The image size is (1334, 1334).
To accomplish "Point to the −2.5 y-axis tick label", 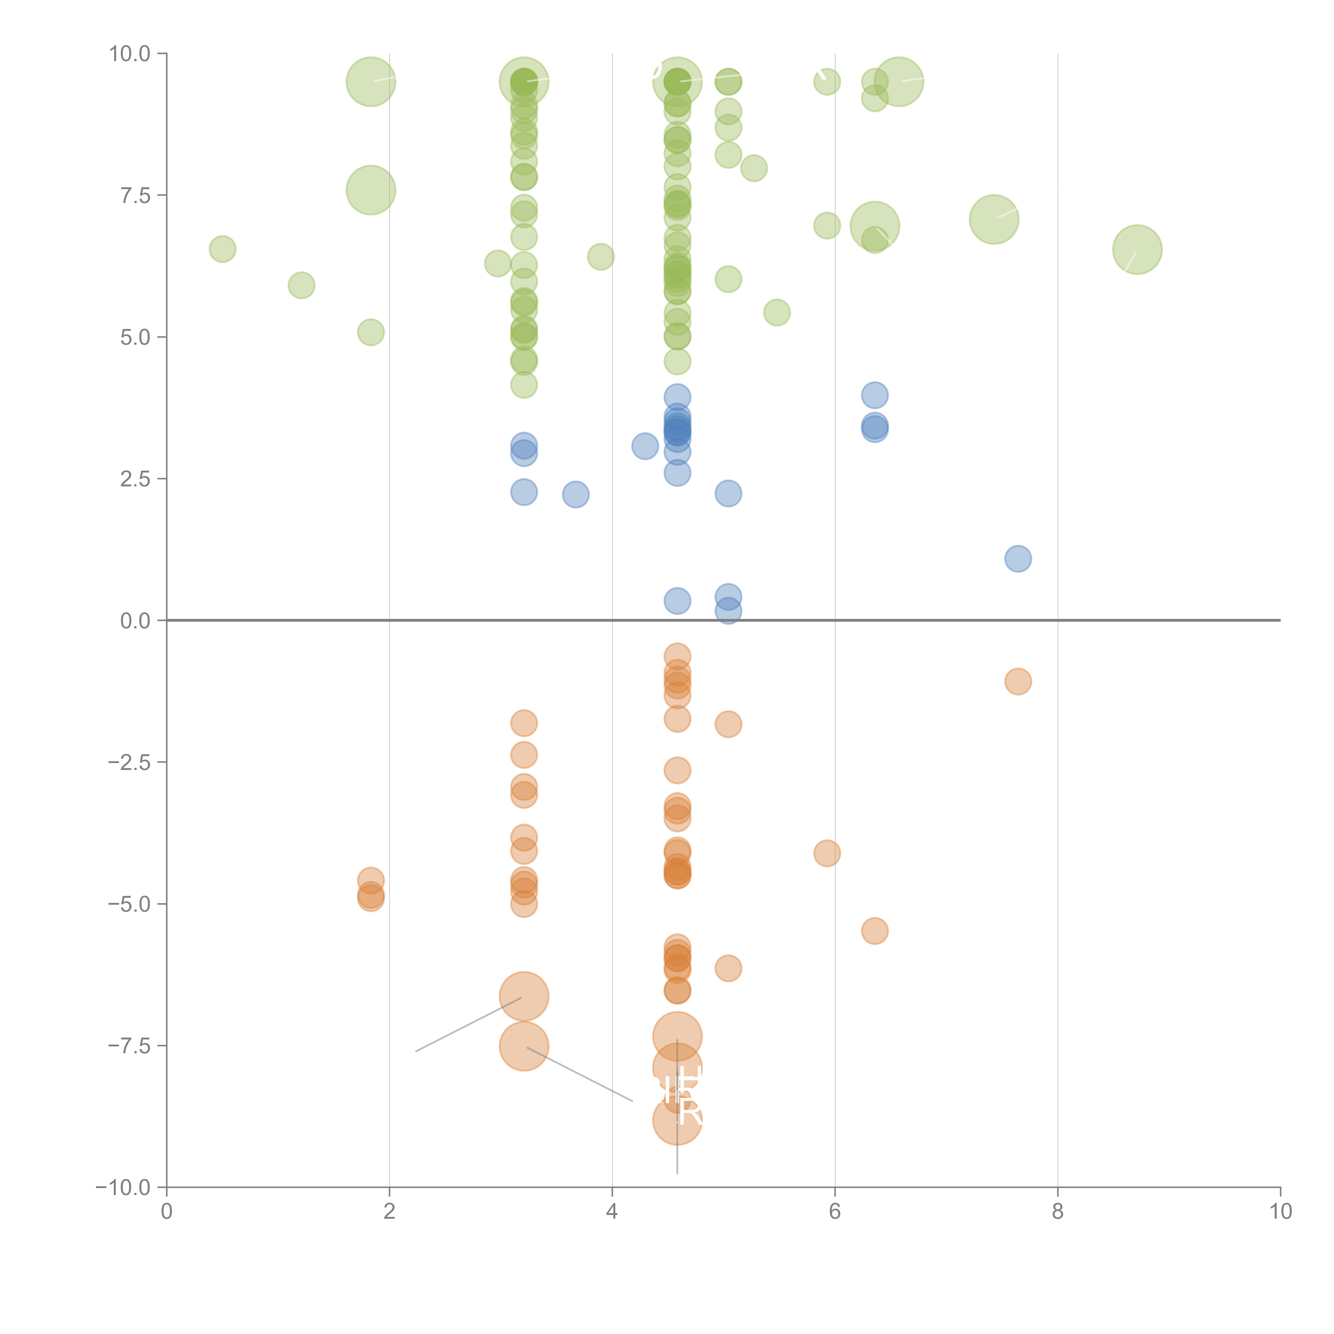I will click(x=129, y=762).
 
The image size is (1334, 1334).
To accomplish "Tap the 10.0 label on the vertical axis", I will click(x=129, y=54).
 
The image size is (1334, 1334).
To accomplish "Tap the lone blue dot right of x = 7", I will click(x=1018, y=559).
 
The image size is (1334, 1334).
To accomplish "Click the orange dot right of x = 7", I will click(x=1018, y=681).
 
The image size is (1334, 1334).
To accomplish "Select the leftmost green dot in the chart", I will click(x=222, y=249).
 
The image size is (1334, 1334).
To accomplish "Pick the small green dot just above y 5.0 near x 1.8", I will click(x=371, y=332).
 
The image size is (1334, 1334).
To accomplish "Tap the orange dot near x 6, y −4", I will click(x=827, y=853).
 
